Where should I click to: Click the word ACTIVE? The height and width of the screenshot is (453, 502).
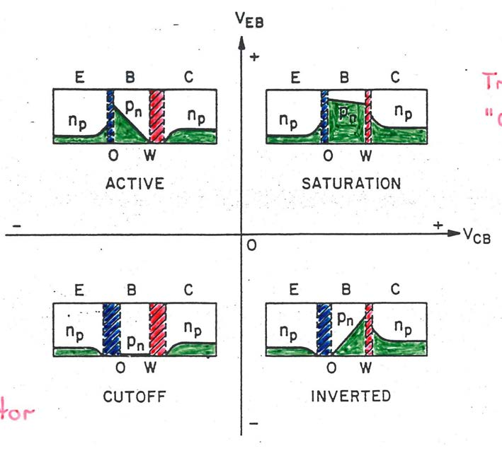[x=135, y=184]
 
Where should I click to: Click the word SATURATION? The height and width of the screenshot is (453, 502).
[x=350, y=184]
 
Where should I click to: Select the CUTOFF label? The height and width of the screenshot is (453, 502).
[x=135, y=396]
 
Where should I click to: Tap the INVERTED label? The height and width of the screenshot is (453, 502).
[x=350, y=396]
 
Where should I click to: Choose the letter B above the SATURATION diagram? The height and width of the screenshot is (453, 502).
[x=346, y=77]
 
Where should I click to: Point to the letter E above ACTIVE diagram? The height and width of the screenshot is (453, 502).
[x=81, y=77]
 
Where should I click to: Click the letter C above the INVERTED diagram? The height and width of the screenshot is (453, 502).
[x=395, y=289]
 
